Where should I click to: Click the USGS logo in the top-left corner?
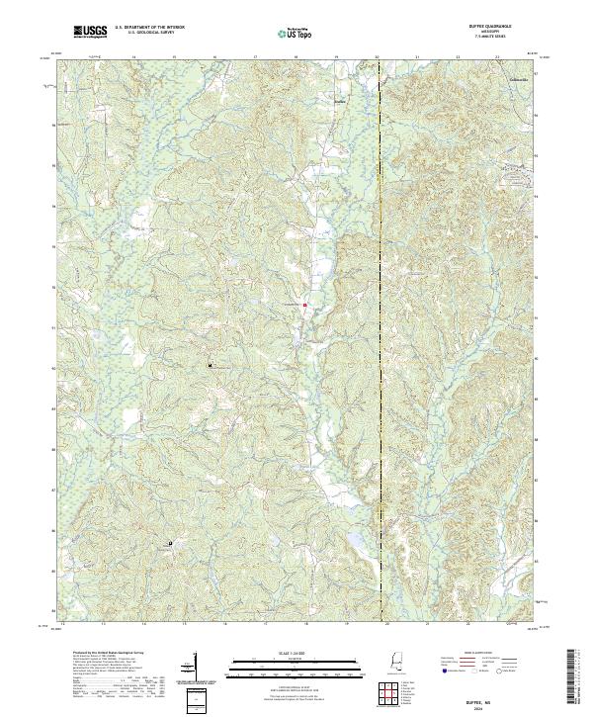(90, 33)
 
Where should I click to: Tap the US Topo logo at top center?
(296, 34)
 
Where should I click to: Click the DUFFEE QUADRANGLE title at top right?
(509, 27)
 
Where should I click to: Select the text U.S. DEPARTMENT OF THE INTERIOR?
(150, 28)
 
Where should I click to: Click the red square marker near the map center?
(304, 305)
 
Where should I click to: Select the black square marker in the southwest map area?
(169, 543)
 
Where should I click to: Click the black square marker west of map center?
(210, 365)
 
